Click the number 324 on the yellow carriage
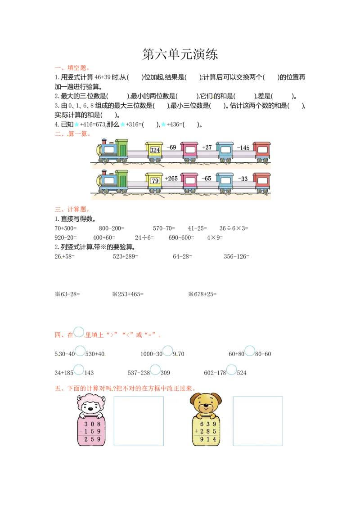(155, 150)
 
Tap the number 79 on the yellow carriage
(155, 181)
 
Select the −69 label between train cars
(171, 147)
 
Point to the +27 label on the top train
(207, 147)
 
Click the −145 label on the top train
(243, 148)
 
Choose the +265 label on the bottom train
(171, 179)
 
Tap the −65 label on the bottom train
(206, 179)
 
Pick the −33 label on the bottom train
(243, 179)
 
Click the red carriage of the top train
(261, 151)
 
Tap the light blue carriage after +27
(225, 151)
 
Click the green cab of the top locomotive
(121, 148)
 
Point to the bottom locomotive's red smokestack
(104, 172)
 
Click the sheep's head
(91, 404)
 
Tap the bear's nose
(206, 406)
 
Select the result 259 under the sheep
(92, 439)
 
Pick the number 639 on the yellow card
(208, 424)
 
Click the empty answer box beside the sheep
(139, 421)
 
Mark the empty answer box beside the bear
(258, 421)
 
